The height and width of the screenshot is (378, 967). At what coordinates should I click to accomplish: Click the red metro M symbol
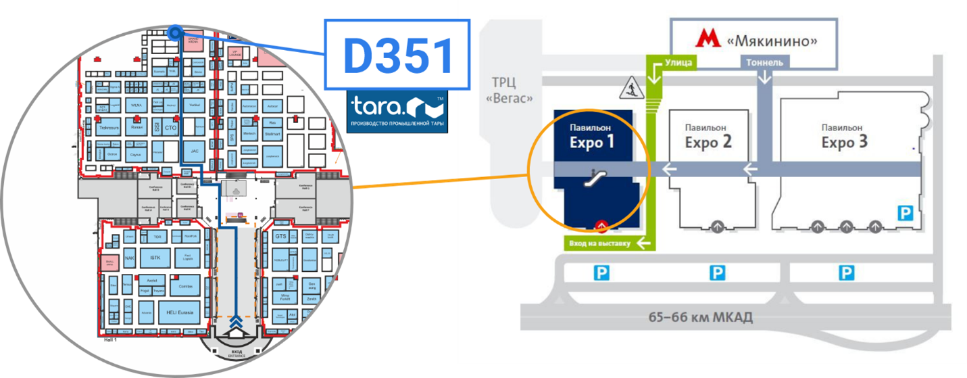(x=709, y=40)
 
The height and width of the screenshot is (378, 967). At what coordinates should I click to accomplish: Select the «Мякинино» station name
(x=772, y=41)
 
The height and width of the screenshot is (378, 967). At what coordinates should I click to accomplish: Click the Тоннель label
(x=765, y=62)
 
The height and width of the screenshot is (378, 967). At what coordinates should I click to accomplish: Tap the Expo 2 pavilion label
(x=708, y=137)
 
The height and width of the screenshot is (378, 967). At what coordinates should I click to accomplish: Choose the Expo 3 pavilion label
(x=844, y=137)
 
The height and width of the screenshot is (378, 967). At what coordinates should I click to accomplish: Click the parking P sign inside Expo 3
(x=903, y=213)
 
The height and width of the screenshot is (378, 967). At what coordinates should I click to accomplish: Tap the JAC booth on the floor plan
(x=194, y=151)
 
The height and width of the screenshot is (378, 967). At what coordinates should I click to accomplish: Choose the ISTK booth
(x=155, y=258)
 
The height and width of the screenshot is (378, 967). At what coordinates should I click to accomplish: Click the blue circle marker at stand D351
(x=175, y=31)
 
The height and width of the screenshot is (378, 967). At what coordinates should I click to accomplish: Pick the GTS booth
(x=282, y=237)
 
